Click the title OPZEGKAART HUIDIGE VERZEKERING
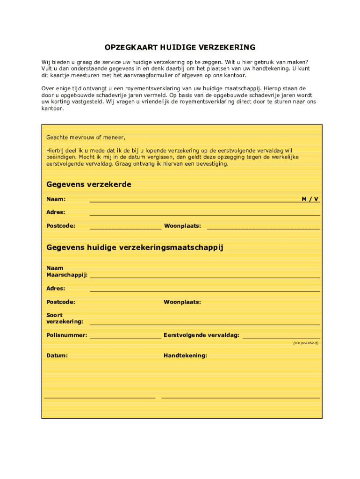[180, 47]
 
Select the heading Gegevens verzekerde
[89, 184]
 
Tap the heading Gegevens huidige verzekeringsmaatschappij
[135, 247]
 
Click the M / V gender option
[310, 199]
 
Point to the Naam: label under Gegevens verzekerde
[56, 199]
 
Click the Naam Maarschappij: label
[67, 271]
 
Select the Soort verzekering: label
[65, 318]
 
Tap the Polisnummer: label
[66, 335]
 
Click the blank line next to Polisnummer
[125, 337]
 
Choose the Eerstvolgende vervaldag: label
[202, 335]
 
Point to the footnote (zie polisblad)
[306, 343]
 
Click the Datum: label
[57, 356]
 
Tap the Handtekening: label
[185, 356]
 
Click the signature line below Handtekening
[240, 398]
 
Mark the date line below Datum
[100, 398]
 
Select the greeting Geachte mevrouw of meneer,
[86, 138]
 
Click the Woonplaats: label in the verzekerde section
[182, 226]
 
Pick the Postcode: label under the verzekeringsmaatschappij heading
[61, 302]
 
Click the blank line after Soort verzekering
[205, 324]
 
